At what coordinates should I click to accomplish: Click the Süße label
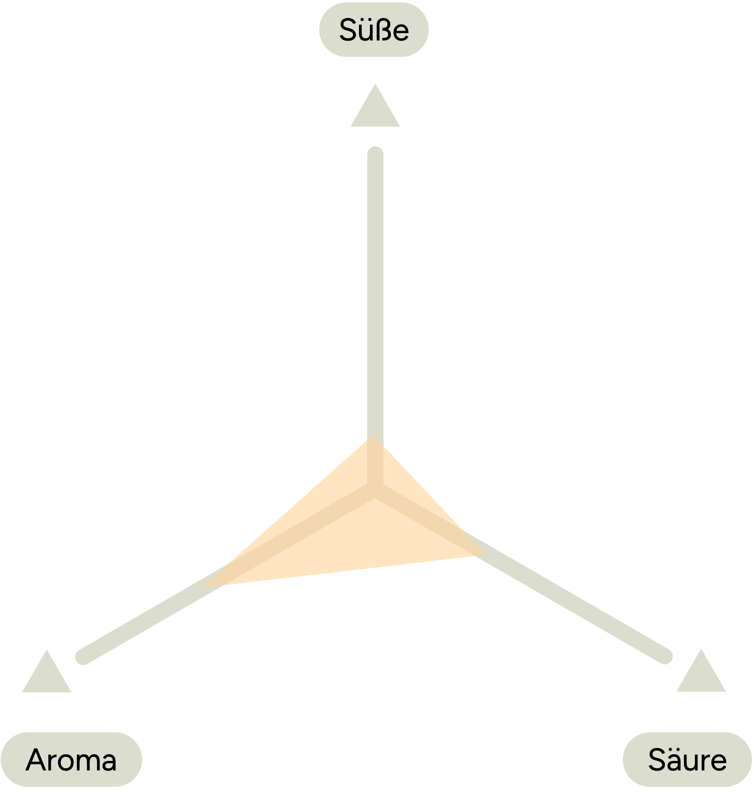coord(374,30)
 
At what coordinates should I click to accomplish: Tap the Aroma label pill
coord(71,760)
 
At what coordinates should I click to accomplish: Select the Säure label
coord(687,760)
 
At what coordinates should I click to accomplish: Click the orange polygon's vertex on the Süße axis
coord(373,435)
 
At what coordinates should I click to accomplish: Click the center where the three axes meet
coord(375,491)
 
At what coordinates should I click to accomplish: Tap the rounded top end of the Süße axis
coord(375,153)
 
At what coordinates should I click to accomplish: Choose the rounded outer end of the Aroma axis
coord(82,657)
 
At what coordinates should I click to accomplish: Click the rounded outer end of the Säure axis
coord(665,656)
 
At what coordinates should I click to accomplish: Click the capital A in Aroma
coord(35,759)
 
